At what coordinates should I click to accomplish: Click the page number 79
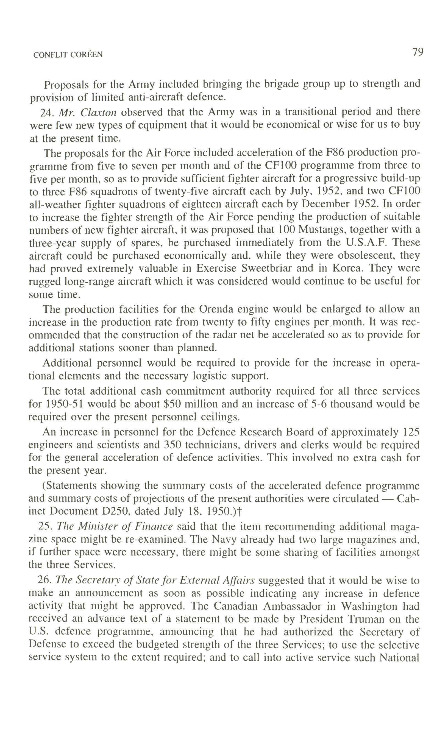tap(418, 52)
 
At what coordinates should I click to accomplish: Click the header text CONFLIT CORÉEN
tap(68, 55)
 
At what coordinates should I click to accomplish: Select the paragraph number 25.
tap(44, 526)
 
